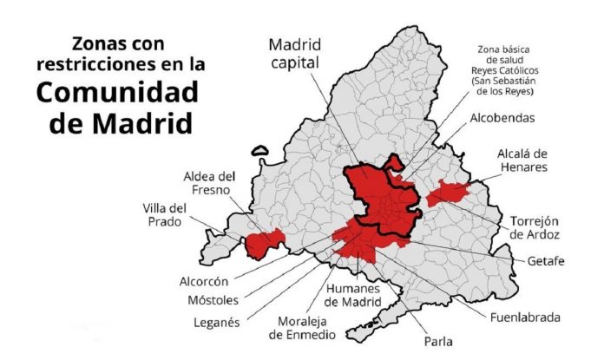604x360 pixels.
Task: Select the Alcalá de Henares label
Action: click(522, 161)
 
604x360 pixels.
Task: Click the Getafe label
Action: click(547, 260)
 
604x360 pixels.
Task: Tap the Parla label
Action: click(438, 340)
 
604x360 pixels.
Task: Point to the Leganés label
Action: click(216, 324)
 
